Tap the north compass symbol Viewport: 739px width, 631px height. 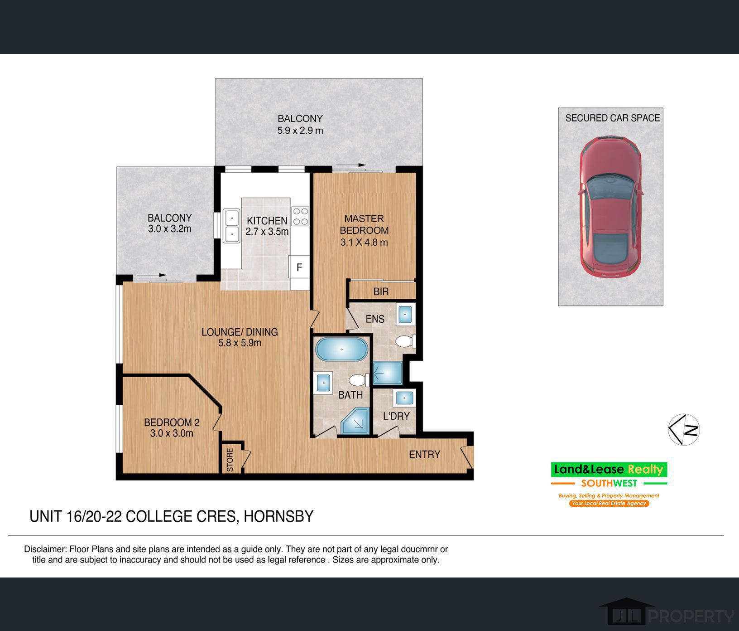(684, 429)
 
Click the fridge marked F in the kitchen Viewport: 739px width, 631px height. (299, 267)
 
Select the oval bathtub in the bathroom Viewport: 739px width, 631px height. (341, 349)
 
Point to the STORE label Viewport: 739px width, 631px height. (230, 460)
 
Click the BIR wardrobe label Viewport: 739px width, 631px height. (381, 291)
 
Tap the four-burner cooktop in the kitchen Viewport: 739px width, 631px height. (300, 216)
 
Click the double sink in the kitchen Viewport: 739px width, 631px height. (231, 226)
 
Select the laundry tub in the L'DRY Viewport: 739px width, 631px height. (404, 398)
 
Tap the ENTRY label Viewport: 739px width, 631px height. (424, 454)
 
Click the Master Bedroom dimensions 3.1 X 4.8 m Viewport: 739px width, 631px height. (364, 242)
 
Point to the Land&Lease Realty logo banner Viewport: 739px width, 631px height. (609, 470)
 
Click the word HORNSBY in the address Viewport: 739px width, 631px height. (278, 516)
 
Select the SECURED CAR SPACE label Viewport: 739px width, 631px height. (613, 118)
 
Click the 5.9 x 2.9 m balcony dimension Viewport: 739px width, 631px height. (300, 131)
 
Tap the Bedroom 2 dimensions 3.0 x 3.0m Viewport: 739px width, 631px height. (172, 433)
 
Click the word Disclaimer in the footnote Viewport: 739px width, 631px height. (44, 549)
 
